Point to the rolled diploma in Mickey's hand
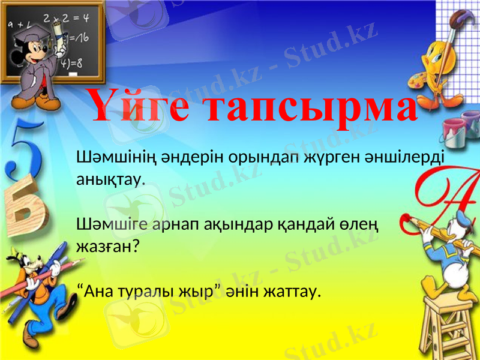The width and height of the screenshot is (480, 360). point(60,30)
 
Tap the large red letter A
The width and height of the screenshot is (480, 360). point(447,192)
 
